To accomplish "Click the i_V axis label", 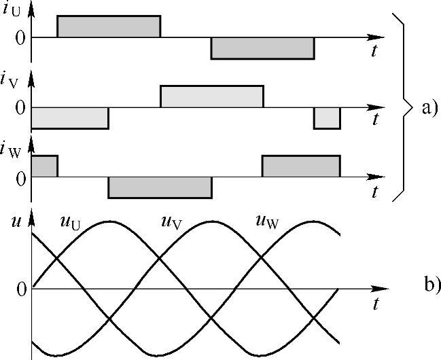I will (15, 84).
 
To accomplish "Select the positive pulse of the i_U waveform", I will (109, 26).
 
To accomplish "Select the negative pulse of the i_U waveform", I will (262, 48).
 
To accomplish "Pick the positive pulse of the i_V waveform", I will (212, 96).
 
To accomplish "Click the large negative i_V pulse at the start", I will (70, 118).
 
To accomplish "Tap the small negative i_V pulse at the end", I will (327, 118).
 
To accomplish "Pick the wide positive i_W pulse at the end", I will (301, 166).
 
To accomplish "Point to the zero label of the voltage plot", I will (20, 289).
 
